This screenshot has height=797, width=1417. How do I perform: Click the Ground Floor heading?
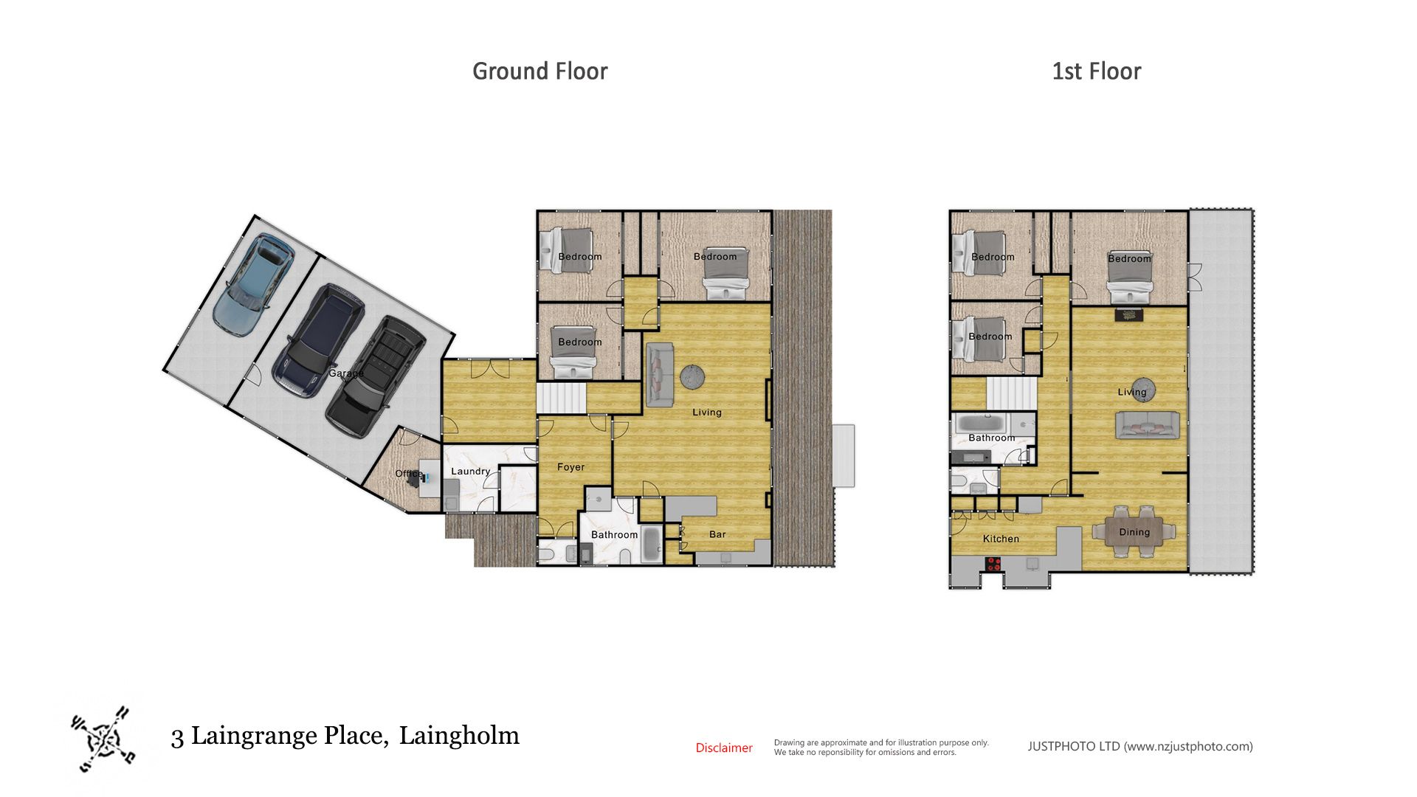(x=539, y=72)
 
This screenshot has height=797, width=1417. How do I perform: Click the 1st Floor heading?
(x=1096, y=72)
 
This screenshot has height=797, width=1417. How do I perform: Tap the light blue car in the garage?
(x=254, y=284)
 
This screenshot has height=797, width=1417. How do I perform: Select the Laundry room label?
(x=470, y=472)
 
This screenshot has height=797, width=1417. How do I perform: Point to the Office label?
(x=409, y=474)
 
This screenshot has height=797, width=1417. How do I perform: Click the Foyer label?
(x=570, y=467)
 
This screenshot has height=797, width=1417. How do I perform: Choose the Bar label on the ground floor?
(x=717, y=534)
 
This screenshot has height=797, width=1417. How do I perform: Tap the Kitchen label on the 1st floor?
(x=1001, y=539)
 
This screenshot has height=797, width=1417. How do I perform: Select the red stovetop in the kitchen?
(x=993, y=565)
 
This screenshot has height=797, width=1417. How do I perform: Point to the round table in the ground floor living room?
(x=692, y=377)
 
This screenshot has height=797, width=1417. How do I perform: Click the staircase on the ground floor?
(x=561, y=398)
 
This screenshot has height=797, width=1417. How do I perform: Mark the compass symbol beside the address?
(x=104, y=739)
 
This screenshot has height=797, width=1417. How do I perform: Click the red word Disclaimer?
(x=724, y=748)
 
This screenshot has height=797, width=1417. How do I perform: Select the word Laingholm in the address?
(x=459, y=736)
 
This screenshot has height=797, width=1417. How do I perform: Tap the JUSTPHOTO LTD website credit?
(x=1140, y=746)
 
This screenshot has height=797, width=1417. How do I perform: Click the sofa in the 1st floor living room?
(x=1147, y=426)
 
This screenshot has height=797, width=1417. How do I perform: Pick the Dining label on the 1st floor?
(x=1134, y=532)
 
